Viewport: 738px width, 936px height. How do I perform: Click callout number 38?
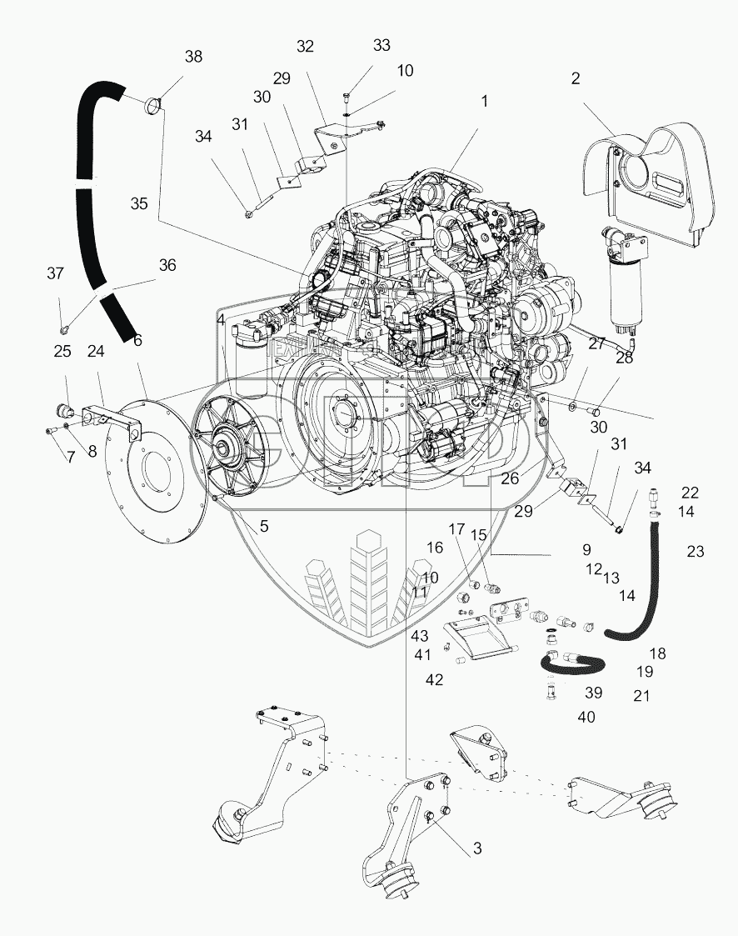pos(193,57)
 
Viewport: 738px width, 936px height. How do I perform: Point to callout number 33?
pos(381,45)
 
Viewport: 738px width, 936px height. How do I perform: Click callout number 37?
pos(55,273)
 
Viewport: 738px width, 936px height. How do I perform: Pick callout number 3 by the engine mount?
pos(477,848)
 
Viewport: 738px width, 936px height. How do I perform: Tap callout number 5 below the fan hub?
pos(263,526)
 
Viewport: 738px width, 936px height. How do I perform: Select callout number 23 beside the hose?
pos(695,550)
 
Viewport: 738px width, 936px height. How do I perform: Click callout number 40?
pos(586,716)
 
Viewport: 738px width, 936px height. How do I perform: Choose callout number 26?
pos(509,478)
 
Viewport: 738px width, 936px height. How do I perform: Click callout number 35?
pos(139,203)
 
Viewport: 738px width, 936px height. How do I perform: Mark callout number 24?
pos(96,352)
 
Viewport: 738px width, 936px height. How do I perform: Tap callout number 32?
pos(306,47)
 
